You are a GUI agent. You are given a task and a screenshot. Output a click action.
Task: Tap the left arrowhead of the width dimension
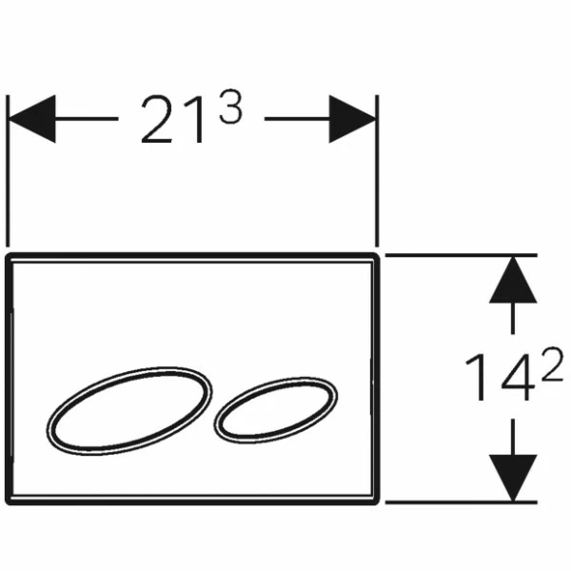click(x=32, y=119)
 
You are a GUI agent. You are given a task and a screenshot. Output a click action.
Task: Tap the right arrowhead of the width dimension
click(x=352, y=119)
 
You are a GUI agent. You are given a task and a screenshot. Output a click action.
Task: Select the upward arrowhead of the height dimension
click(x=513, y=280)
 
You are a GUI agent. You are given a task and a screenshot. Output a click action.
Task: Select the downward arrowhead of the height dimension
click(x=513, y=478)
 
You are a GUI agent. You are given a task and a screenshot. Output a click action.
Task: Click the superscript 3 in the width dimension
click(x=230, y=107)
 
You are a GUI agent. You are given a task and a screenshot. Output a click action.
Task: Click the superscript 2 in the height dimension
click(x=552, y=364)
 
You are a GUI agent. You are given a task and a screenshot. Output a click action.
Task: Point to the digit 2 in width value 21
click(x=157, y=119)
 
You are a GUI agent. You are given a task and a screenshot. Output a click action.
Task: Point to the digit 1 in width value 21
click(x=194, y=119)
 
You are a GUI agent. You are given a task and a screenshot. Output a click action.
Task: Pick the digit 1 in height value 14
click(x=477, y=377)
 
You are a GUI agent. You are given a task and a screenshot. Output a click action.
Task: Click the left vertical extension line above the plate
click(x=8, y=170)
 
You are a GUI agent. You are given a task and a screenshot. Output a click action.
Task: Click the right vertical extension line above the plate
click(x=377, y=170)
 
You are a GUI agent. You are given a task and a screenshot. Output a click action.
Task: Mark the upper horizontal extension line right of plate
click(x=461, y=255)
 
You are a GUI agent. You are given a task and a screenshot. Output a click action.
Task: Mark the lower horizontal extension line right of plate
click(x=461, y=502)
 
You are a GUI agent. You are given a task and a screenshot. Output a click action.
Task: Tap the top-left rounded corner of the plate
click(x=8, y=256)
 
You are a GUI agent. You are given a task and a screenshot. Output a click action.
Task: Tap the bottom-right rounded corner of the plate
click(x=377, y=502)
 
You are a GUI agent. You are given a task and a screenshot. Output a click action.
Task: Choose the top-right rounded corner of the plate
click(x=377, y=256)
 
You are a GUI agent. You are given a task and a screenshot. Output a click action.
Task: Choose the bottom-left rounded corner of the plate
click(x=8, y=502)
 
